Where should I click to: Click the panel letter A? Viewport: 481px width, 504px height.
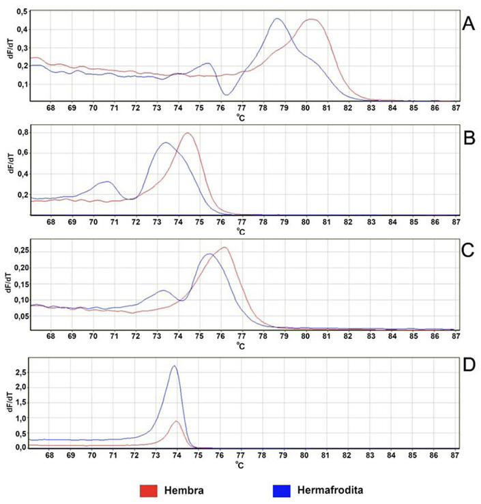468,24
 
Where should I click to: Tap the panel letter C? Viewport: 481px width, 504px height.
468,249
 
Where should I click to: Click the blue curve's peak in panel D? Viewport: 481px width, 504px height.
174,366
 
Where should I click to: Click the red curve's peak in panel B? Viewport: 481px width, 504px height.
186,133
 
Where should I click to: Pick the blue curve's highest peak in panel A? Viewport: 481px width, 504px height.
277,19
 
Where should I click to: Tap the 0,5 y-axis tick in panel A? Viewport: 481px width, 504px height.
22,13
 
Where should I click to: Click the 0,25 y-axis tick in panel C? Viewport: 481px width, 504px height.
20,250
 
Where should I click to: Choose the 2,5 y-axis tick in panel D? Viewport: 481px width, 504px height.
22,373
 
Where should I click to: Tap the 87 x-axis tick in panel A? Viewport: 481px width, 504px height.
454,108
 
